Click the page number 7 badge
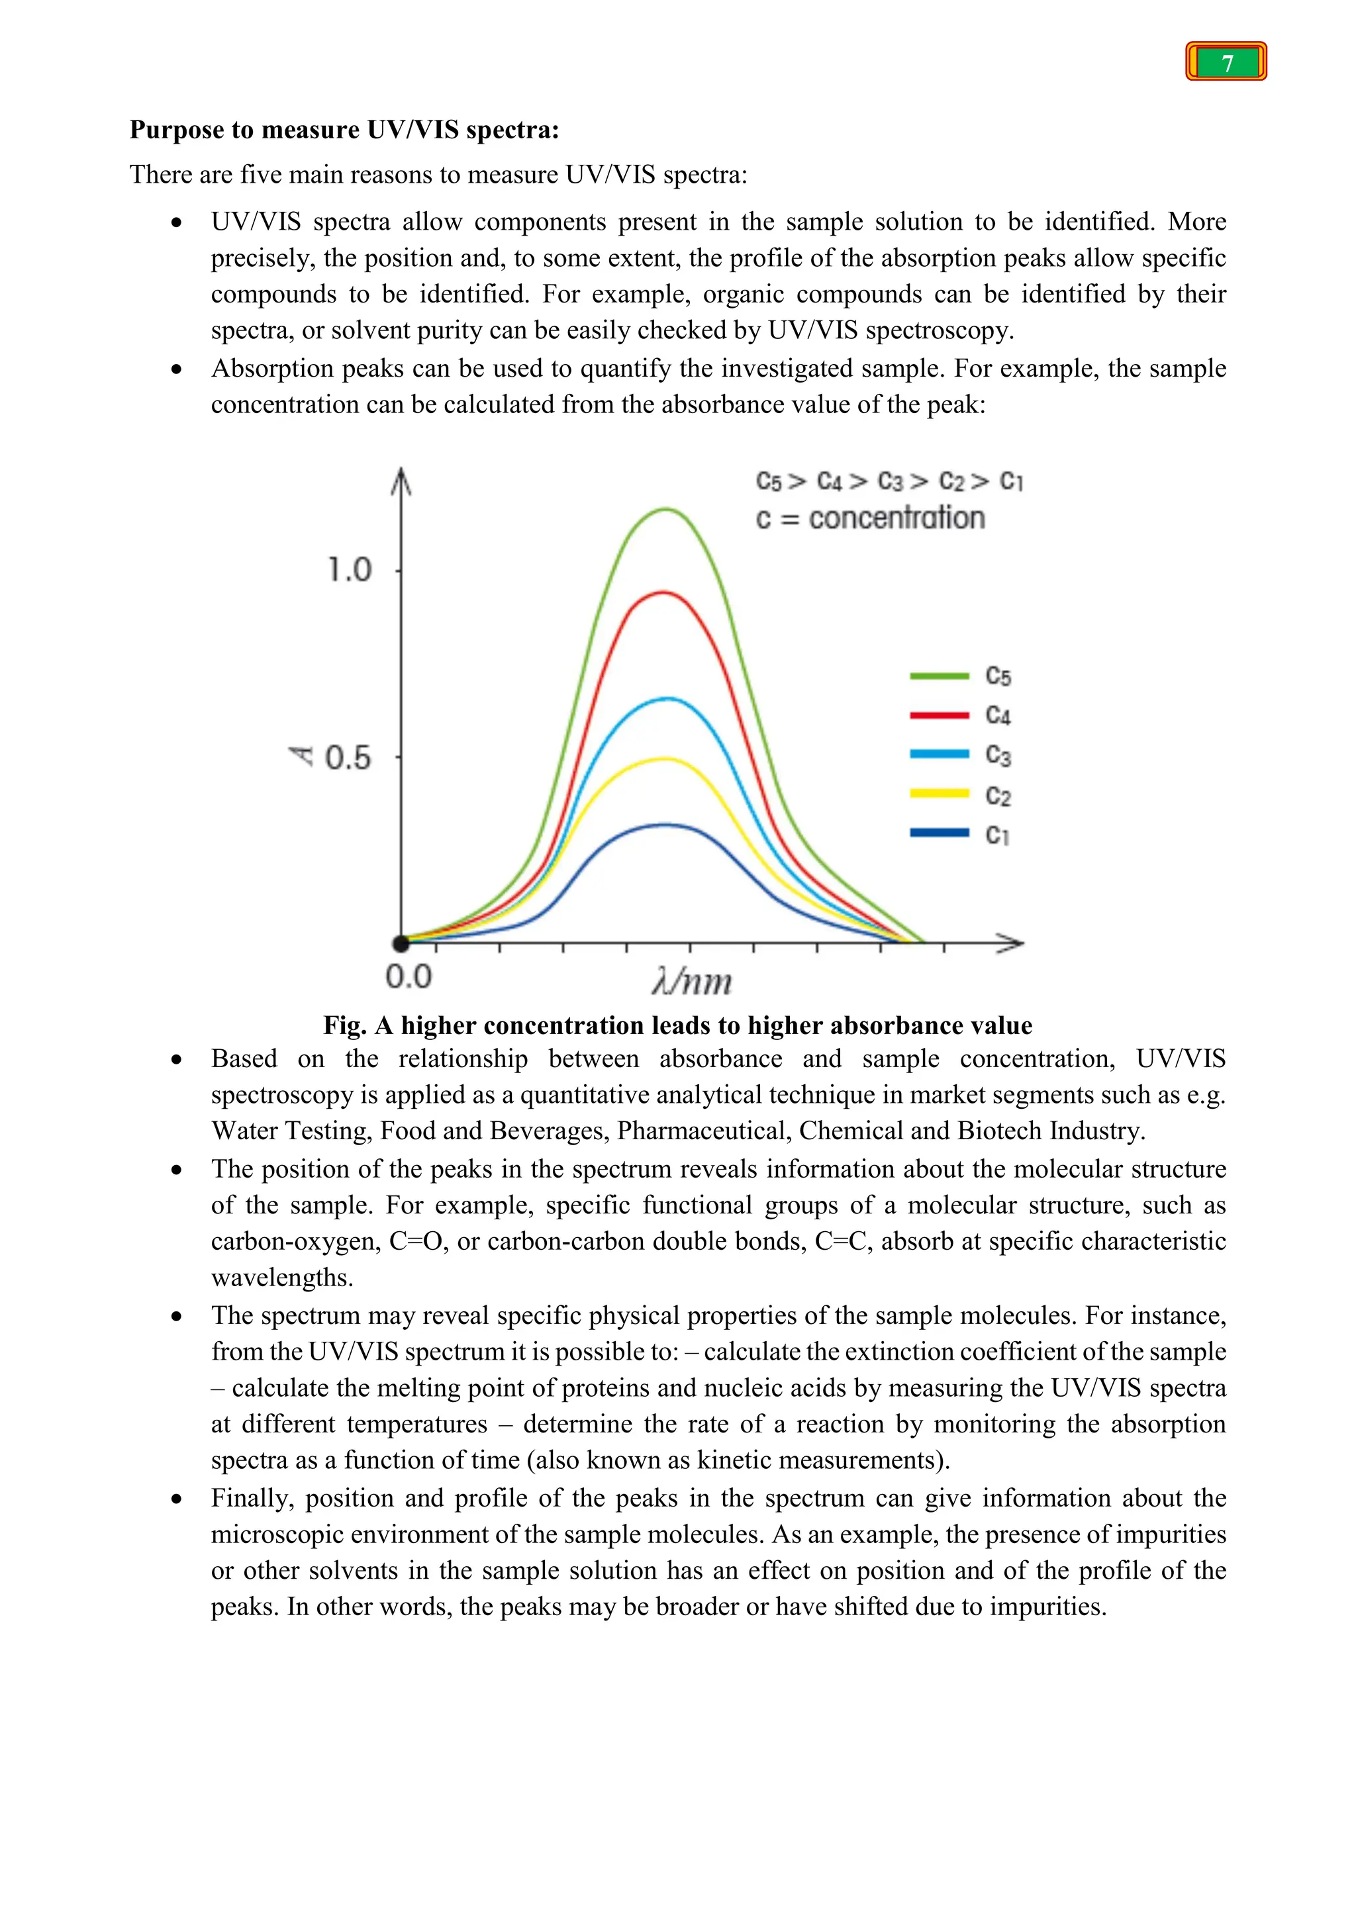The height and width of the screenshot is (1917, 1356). click(x=1226, y=62)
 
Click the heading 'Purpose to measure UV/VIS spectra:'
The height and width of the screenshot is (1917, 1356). click(x=344, y=130)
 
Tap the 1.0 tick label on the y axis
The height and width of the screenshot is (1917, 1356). click(x=349, y=570)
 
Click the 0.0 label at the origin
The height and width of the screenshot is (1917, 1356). click(x=409, y=976)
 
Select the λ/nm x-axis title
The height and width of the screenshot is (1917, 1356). click(x=692, y=981)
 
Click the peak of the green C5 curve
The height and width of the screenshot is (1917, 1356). click(x=665, y=509)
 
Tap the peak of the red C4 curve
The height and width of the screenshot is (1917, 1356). click(x=663, y=593)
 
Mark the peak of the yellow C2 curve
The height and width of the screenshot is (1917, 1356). click(x=665, y=759)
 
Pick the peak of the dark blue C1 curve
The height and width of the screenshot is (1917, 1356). click(x=665, y=825)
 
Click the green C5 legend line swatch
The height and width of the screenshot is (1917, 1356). click(x=938, y=675)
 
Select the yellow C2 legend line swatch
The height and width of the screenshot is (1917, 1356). click(x=938, y=793)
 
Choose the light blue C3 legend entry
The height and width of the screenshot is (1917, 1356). click(x=960, y=754)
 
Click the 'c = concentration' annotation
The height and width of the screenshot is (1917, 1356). click(x=870, y=518)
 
